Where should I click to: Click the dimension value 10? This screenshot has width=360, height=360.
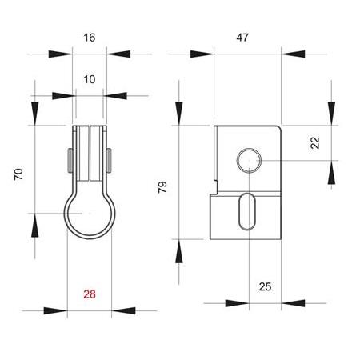point(88,79)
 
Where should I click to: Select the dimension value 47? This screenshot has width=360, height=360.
point(247,38)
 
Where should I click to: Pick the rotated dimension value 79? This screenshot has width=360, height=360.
point(162,189)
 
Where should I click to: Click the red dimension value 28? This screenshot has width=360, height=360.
point(90,294)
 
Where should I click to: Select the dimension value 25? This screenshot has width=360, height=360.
point(266,286)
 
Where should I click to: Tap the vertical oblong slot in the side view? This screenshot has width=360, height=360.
point(246,213)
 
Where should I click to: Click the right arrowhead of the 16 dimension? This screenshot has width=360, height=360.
point(118,54)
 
